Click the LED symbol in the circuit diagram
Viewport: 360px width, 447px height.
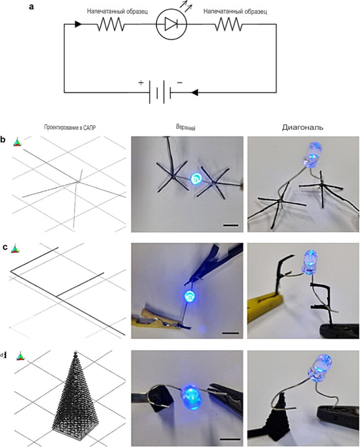[x=171, y=24]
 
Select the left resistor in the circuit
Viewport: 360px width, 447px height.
[x=111, y=24]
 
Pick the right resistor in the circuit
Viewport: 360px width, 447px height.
[x=229, y=24]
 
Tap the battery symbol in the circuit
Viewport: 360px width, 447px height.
[x=160, y=92]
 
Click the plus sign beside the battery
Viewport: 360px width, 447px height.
[x=141, y=83]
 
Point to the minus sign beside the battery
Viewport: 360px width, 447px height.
[x=180, y=83]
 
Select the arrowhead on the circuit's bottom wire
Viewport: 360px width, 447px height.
[x=194, y=93]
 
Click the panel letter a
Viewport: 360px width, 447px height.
[x=31, y=6]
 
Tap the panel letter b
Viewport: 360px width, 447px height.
[x=3, y=140]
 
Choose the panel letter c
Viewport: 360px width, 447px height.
[x=5, y=247]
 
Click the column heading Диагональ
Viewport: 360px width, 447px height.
[x=303, y=127]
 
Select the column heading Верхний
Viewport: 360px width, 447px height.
[x=185, y=128]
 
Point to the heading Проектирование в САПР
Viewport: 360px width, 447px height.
[x=70, y=127]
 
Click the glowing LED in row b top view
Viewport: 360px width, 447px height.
[x=197, y=179]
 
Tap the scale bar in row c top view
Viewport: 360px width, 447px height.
[x=230, y=333]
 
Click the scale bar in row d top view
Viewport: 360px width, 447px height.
[x=231, y=439]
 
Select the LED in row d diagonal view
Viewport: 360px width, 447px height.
[x=320, y=368]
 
